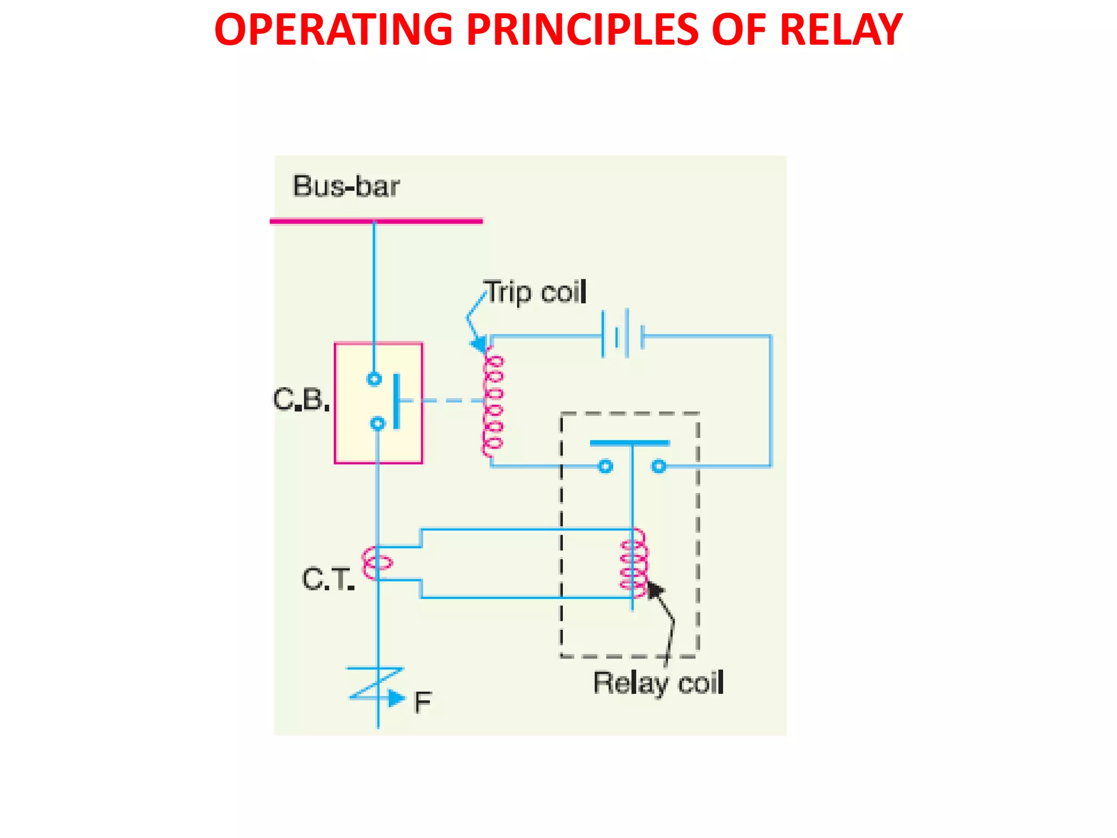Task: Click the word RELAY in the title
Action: (840, 30)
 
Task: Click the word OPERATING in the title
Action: (333, 30)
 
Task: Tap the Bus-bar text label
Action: (346, 186)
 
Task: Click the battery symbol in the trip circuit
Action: (622, 334)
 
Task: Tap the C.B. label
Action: (301, 400)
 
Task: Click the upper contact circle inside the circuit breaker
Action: (374, 379)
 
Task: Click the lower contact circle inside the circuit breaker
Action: (377, 423)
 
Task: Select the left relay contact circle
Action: (605, 466)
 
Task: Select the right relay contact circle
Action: (659, 466)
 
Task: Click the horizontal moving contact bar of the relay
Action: (629, 443)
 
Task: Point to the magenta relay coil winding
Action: (634, 564)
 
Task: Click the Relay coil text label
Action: (658, 683)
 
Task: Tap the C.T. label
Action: (328, 579)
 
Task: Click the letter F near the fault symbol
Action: (422, 702)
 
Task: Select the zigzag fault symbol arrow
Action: (376, 684)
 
